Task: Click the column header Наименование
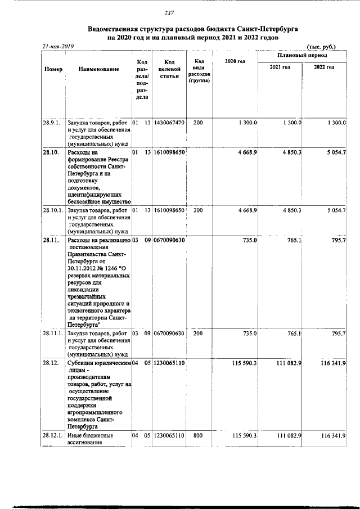tap(98, 69)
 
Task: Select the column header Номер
tap(53, 69)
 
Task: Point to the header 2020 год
tap(235, 61)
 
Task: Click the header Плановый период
tap(303, 56)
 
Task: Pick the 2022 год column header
tap(324, 67)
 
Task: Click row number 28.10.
tap(51, 152)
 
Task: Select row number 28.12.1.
tap(54, 435)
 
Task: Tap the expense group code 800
tap(198, 435)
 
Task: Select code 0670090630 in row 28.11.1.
tap(169, 334)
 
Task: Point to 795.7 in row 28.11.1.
tap(337, 334)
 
